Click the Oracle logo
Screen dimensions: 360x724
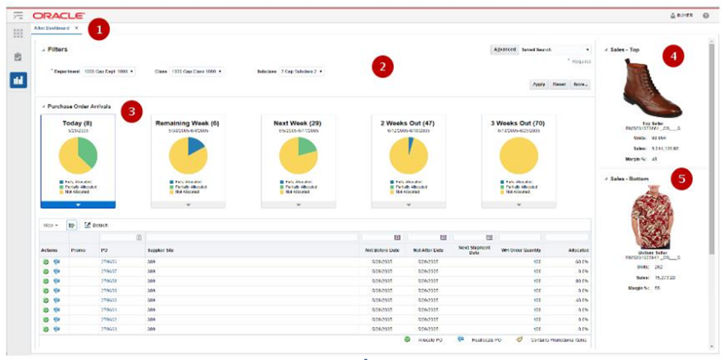(x=58, y=16)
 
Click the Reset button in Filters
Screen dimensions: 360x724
(x=559, y=84)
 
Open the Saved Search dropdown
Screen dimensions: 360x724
(x=555, y=50)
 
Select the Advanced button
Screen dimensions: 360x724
(x=504, y=50)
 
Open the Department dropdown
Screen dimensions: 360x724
(x=109, y=71)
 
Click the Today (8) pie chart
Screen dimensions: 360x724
(x=78, y=156)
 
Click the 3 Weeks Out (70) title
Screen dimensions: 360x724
(x=518, y=124)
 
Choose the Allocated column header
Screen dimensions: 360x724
(x=578, y=250)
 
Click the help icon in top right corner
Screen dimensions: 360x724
(x=706, y=16)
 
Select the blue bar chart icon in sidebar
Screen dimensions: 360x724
(x=18, y=81)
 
